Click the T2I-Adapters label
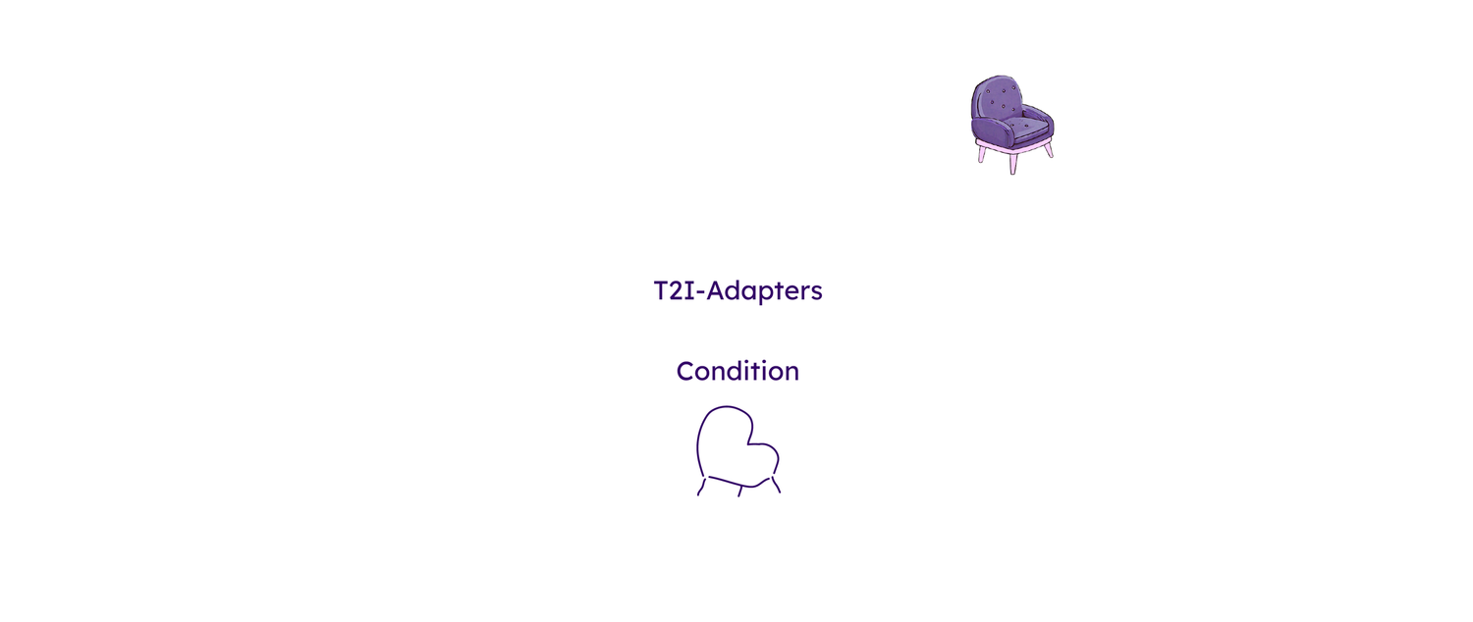tap(737, 291)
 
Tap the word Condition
tap(737, 372)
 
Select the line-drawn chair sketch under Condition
tap(738, 451)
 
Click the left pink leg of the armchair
tap(981, 154)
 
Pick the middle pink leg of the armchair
tap(1014, 164)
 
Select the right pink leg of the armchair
tap(1049, 150)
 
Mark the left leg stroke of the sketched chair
tap(702, 488)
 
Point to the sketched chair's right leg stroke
tap(776, 485)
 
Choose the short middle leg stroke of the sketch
tap(740, 490)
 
